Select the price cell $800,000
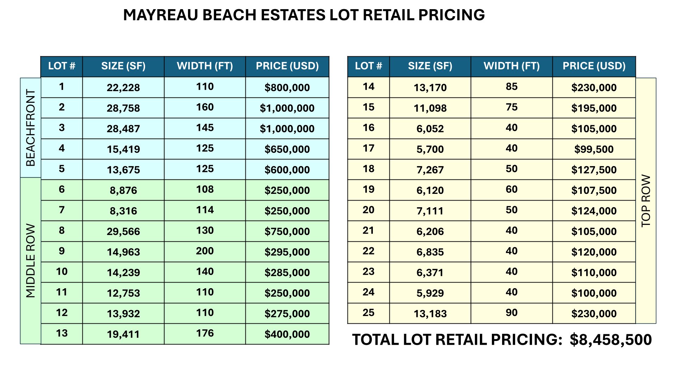[287, 88]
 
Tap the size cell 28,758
[123, 108]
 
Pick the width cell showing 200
[205, 251]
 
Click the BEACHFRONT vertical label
[31, 128]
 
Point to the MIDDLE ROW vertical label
[31, 261]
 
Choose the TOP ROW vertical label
[646, 201]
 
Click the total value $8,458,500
[611, 340]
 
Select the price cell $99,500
[594, 149]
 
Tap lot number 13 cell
[62, 334]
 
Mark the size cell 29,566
[123, 232]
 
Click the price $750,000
[287, 232]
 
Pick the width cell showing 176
[205, 334]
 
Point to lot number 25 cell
[368, 313]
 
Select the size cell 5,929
[430, 293]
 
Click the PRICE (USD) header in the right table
[594, 66]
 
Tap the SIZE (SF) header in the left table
[123, 66]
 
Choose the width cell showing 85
[511, 87]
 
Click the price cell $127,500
[594, 170]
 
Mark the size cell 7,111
[430, 211]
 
